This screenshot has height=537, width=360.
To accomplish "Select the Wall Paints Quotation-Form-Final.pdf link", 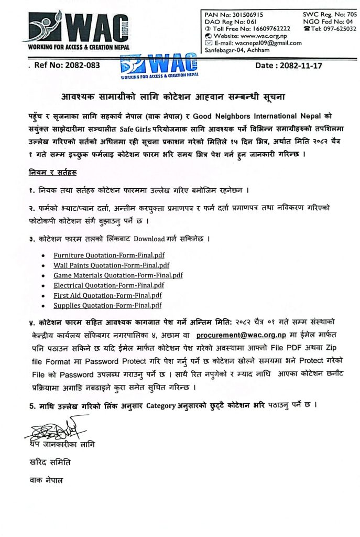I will (111, 265).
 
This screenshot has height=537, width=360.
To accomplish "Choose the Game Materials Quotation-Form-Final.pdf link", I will (118, 275).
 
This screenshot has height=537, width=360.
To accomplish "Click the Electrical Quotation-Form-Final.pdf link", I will (108, 285).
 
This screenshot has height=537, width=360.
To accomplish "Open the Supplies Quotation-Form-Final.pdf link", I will (107, 306).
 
